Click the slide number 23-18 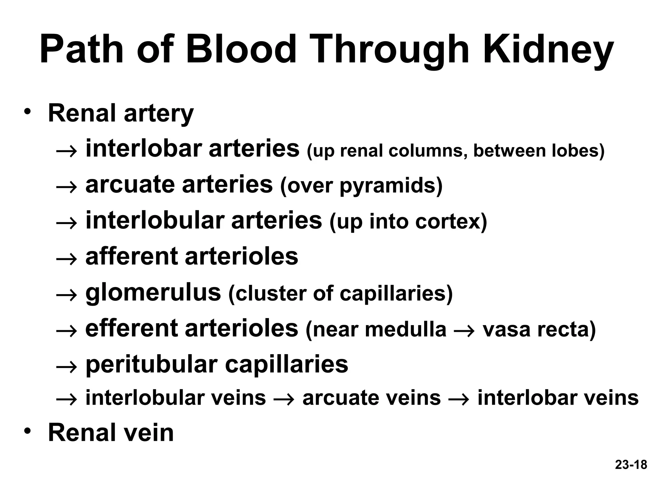[631, 473]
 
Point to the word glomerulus [153, 293]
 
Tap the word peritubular [152, 364]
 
